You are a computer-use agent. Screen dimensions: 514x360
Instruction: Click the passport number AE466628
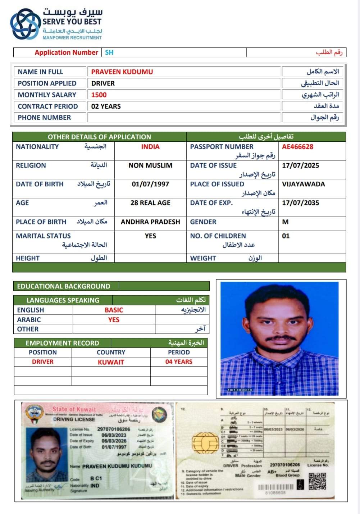pyautogui.click(x=297, y=147)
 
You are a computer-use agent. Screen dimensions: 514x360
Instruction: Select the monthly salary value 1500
pyautogui.click(x=99, y=95)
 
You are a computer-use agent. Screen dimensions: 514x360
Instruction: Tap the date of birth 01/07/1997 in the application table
pyautogui.click(x=150, y=184)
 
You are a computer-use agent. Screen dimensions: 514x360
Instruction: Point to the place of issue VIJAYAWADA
pyautogui.click(x=303, y=184)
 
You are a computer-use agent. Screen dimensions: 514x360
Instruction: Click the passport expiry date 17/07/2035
pyautogui.click(x=300, y=203)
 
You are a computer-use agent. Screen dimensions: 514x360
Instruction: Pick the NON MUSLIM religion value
pyautogui.click(x=150, y=165)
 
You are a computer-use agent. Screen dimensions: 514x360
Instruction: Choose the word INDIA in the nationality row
pyautogui.click(x=150, y=147)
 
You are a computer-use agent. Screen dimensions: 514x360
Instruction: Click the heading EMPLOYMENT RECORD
pyautogui.click(x=62, y=343)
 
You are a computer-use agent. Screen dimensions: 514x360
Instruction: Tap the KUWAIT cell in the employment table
pyautogui.click(x=111, y=362)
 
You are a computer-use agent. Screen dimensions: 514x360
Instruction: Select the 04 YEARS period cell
pyautogui.click(x=179, y=362)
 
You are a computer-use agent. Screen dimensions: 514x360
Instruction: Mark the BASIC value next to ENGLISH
pyautogui.click(x=114, y=310)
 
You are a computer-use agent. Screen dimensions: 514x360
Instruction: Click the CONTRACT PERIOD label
pyautogui.click(x=48, y=106)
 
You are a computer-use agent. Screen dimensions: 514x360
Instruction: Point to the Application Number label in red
pyautogui.click(x=66, y=53)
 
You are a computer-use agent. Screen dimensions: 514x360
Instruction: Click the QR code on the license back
pyautogui.click(x=317, y=481)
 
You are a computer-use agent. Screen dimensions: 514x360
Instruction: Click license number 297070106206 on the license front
pyautogui.click(x=114, y=429)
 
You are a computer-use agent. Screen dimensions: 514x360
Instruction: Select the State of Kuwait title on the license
pyautogui.click(x=74, y=409)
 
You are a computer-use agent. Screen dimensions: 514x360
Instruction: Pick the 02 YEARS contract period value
pyautogui.click(x=106, y=106)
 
